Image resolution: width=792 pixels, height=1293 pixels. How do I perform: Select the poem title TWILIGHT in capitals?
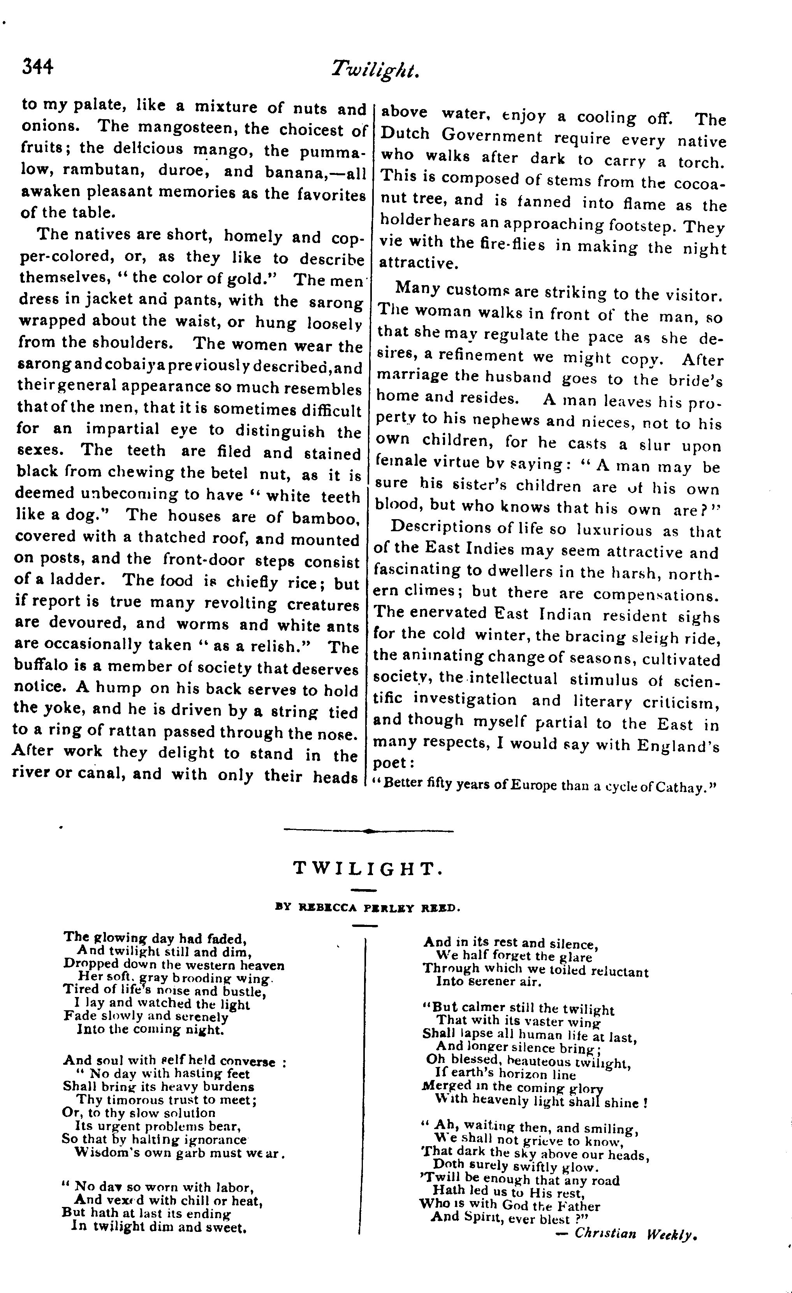(x=369, y=868)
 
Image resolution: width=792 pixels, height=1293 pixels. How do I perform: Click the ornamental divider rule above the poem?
(x=369, y=831)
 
